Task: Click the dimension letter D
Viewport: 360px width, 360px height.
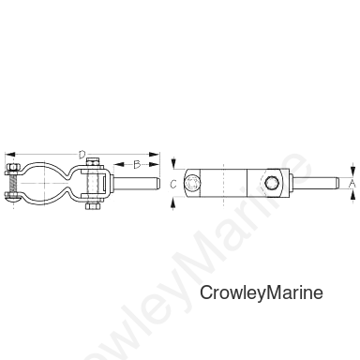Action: [82, 155]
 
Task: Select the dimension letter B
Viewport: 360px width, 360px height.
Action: [137, 164]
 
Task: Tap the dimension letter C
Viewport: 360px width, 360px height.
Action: [173, 185]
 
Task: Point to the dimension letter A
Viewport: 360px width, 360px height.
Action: [352, 184]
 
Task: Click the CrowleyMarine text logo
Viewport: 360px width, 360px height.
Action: [262, 292]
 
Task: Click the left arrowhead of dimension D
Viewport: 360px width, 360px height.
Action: [10, 155]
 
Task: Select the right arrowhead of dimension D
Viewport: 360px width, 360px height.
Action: [155, 155]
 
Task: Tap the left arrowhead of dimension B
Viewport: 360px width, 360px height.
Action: [118, 164]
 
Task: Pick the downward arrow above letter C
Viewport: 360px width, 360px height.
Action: [173, 164]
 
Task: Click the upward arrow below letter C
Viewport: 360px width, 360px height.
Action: [173, 204]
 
